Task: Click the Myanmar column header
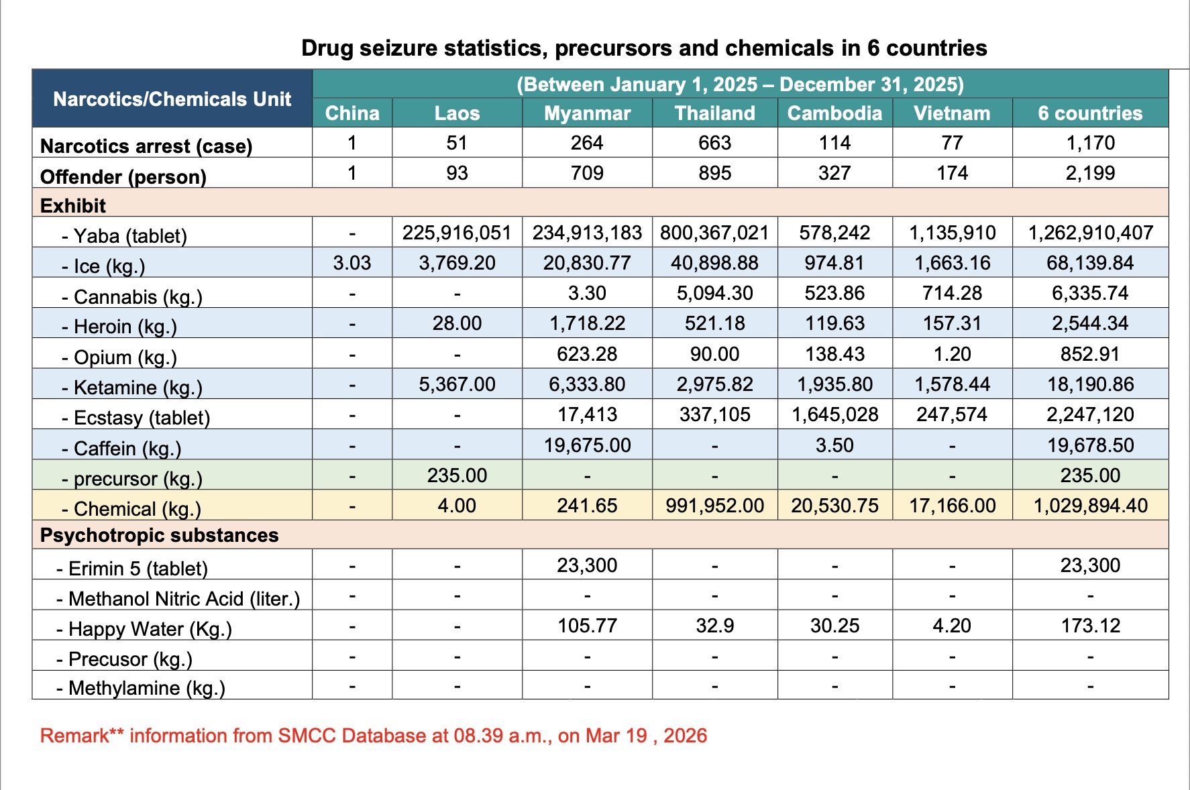coord(587,113)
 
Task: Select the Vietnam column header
coord(952,113)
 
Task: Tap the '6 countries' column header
coord(1090,113)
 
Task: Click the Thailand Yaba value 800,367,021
coord(714,233)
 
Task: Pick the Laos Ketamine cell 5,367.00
coord(457,384)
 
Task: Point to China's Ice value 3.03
coord(352,263)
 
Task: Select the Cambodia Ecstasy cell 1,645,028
coord(834,414)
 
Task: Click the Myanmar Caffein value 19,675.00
coord(587,445)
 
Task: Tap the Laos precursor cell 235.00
coord(457,475)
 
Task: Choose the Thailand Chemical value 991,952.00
coord(714,506)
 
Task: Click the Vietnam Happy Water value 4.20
coord(952,626)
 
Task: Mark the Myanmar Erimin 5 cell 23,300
coord(587,565)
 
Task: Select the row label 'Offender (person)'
coord(123,177)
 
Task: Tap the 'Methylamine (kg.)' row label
coord(146,688)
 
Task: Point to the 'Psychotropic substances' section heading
coord(159,535)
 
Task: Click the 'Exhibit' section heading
coord(73,206)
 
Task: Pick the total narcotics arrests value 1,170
coord(1090,143)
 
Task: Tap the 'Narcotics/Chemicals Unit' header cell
coord(172,99)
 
